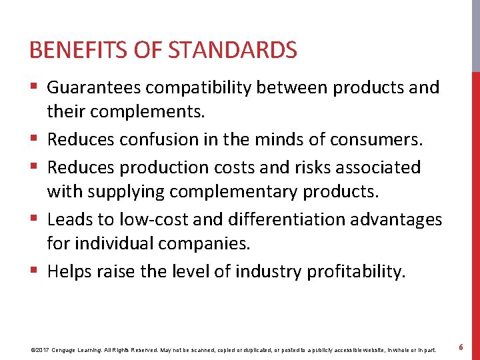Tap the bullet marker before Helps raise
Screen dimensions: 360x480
pyautogui.click(x=35, y=271)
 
